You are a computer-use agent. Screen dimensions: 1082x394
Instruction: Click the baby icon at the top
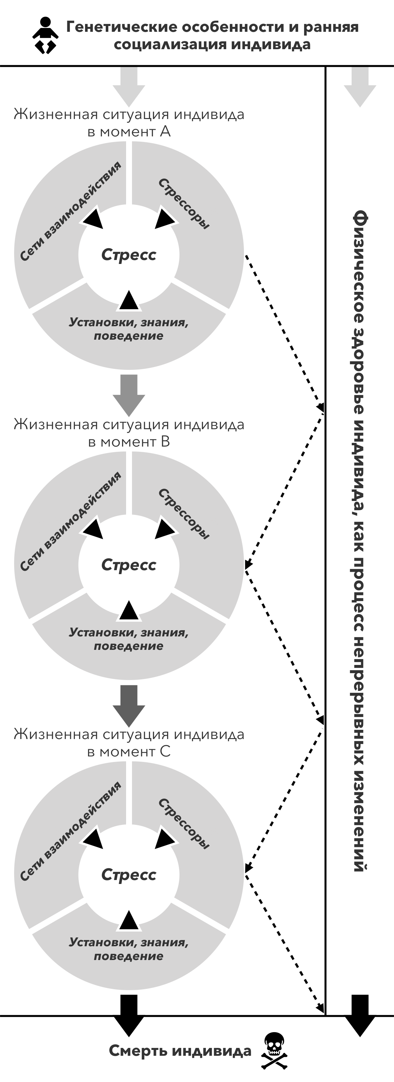pos(45,36)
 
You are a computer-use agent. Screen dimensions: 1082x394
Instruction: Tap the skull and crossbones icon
pos(274,1050)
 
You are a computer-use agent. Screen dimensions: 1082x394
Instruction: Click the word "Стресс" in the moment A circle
pos(129,254)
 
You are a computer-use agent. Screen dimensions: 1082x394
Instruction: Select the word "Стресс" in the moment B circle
pos(129,565)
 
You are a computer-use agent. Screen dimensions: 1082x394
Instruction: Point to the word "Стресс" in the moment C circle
pos(129,874)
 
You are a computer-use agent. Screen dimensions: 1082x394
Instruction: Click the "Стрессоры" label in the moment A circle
pos(184,204)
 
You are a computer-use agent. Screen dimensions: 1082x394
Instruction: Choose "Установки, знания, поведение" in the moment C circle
pos(129,949)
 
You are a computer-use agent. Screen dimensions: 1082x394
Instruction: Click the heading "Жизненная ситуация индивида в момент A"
pos(129,123)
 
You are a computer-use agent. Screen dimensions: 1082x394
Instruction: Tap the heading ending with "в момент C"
pos(129,743)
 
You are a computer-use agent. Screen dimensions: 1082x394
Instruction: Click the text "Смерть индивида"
pos(180,1051)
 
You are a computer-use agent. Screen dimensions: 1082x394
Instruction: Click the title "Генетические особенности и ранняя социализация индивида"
pos(212,36)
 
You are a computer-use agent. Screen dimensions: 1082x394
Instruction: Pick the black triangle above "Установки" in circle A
pos(129,300)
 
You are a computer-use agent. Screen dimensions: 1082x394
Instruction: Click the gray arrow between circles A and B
pos(129,394)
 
